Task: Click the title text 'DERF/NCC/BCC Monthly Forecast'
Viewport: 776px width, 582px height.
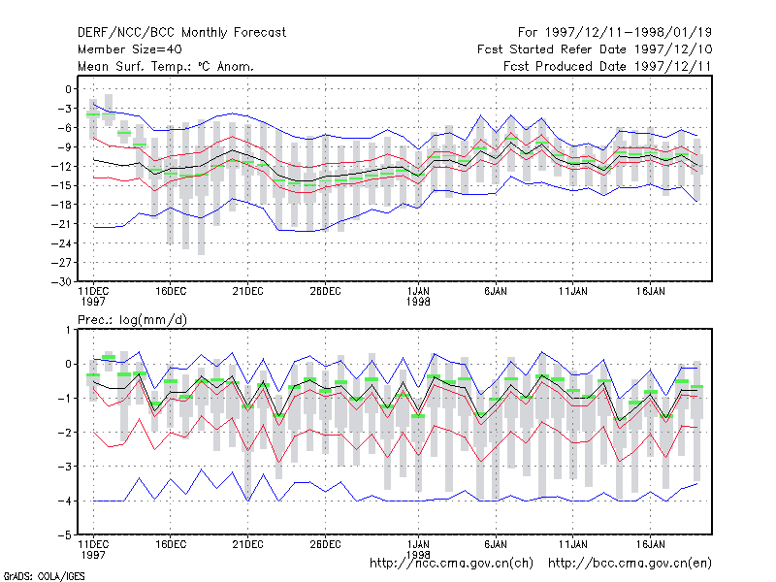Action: (181, 33)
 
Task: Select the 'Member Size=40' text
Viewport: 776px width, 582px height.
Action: (130, 49)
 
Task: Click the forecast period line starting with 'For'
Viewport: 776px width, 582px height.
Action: (615, 33)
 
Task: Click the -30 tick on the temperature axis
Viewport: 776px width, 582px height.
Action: (61, 281)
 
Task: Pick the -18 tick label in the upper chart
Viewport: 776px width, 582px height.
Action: (61, 205)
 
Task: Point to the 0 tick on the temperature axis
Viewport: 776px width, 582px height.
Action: (68, 89)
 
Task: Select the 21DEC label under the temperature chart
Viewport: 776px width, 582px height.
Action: (247, 292)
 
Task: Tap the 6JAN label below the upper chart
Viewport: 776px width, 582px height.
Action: (496, 292)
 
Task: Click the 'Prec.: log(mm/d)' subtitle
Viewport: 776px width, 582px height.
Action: (132, 320)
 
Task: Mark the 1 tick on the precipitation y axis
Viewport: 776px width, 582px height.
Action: (68, 330)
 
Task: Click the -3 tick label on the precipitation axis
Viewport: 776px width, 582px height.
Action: (65, 467)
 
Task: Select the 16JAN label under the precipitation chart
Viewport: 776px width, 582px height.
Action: (650, 544)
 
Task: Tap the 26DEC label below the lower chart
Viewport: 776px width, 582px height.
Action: (325, 544)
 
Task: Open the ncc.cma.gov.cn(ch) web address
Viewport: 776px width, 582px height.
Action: (451, 564)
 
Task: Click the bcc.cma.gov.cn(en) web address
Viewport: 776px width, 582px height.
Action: (630, 564)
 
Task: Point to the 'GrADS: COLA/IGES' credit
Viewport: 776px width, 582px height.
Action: (44, 576)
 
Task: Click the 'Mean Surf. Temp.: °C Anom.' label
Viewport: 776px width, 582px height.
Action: (166, 66)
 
